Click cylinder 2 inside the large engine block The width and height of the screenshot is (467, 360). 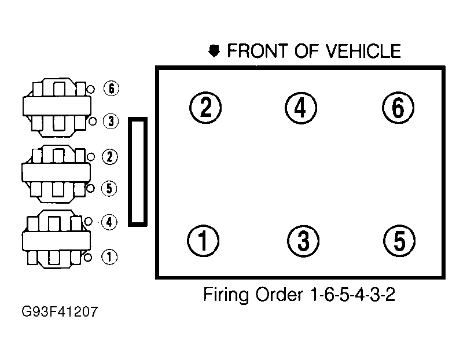coord(205,108)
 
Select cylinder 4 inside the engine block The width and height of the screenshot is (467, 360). coord(301,108)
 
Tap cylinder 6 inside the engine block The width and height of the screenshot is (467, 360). coord(398,108)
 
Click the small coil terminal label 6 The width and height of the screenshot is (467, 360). coord(110,89)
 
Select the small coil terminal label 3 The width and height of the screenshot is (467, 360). coord(110,121)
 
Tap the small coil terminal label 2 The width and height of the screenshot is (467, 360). coord(109,156)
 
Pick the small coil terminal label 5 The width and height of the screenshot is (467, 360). coord(109,188)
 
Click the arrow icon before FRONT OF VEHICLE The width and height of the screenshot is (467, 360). coord(215,52)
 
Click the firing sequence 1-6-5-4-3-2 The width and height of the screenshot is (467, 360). coord(348,295)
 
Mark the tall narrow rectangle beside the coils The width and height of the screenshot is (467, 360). coord(138,171)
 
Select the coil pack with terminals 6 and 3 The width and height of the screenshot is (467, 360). coord(56,105)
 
